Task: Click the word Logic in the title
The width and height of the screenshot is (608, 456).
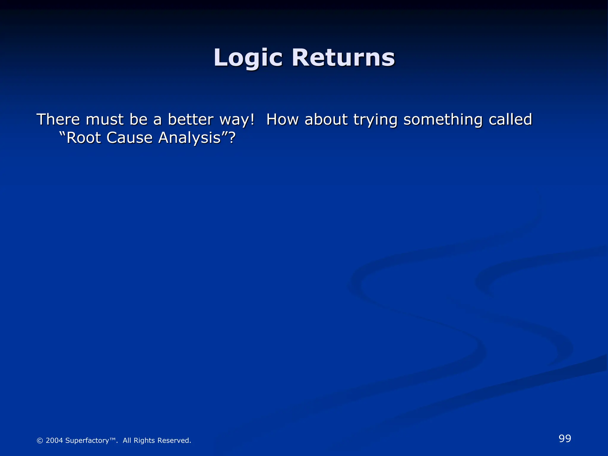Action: pos(248,58)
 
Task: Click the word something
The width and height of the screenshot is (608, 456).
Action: pos(443,120)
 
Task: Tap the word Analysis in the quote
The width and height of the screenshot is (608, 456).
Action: pos(190,138)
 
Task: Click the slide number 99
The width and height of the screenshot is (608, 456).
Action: pos(565,438)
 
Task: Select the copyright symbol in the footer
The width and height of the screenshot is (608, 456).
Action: pos(40,441)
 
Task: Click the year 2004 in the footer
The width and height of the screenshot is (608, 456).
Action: pos(54,441)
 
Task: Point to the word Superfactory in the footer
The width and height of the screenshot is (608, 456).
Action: pos(87,441)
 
